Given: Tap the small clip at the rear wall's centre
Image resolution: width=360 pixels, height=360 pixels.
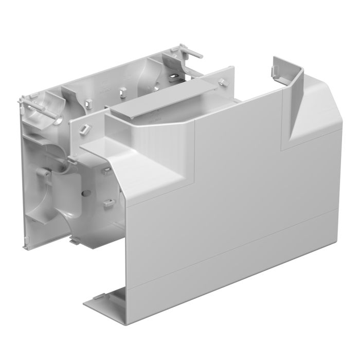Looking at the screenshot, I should tap(122, 91).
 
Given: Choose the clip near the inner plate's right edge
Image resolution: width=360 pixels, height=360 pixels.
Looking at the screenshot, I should tap(222, 82).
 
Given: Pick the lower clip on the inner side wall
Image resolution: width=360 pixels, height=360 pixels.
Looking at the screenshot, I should tap(108, 204).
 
